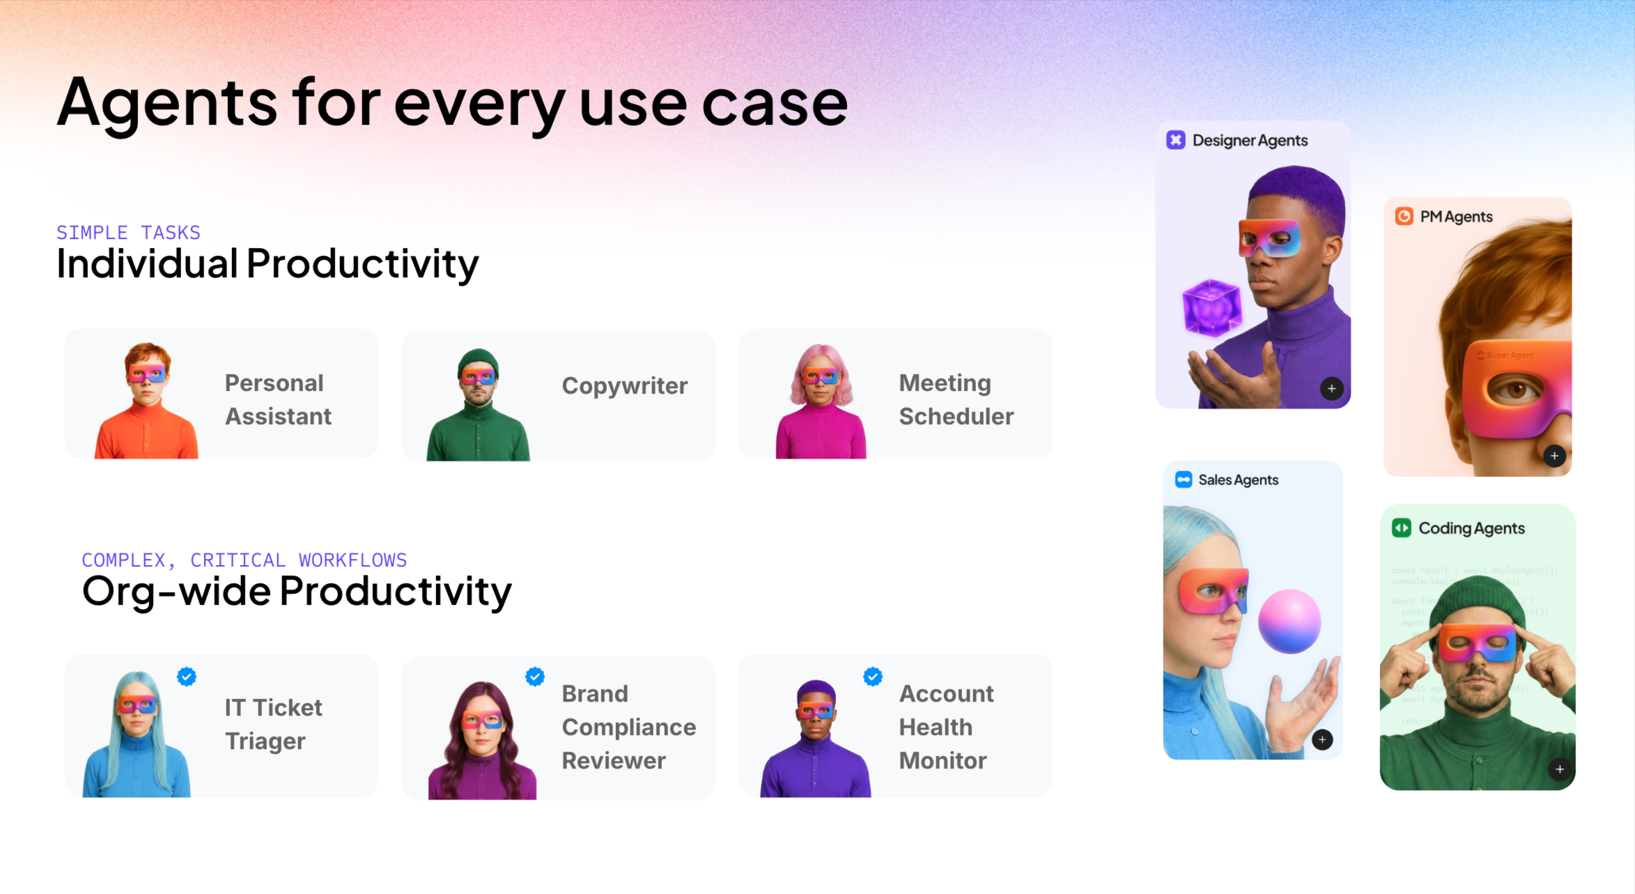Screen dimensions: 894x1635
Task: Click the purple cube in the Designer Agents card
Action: pyautogui.click(x=1212, y=308)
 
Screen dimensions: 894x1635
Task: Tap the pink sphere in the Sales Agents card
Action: pyautogui.click(x=1289, y=621)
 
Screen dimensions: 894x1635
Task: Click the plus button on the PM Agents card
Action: pyautogui.click(x=1554, y=456)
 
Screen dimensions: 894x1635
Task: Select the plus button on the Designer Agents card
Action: pyautogui.click(x=1331, y=388)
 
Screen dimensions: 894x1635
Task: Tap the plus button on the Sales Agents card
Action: pyautogui.click(x=1322, y=739)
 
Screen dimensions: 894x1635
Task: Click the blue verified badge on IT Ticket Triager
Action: pyautogui.click(x=187, y=676)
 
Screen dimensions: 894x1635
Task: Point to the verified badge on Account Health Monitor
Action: pyautogui.click(x=873, y=676)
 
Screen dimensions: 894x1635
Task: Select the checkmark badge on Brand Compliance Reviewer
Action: pyautogui.click(x=535, y=676)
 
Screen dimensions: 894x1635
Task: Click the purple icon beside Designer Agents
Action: pyautogui.click(x=1176, y=140)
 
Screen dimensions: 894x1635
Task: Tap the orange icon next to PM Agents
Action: pyautogui.click(x=1404, y=216)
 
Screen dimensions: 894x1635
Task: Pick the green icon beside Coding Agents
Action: pyautogui.click(x=1401, y=527)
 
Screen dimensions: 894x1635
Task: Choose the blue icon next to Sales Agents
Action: pyautogui.click(x=1184, y=479)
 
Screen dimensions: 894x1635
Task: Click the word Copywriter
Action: pyautogui.click(x=624, y=385)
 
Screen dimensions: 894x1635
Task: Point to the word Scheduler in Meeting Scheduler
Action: pyautogui.click(x=956, y=416)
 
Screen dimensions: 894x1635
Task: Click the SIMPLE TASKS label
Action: pyautogui.click(x=128, y=232)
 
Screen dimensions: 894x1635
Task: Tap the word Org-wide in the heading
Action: pyautogui.click(x=176, y=591)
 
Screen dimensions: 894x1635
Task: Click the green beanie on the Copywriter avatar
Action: pyautogui.click(x=478, y=360)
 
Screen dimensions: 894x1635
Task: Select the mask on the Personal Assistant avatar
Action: pyautogui.click(x=146, y=374)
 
